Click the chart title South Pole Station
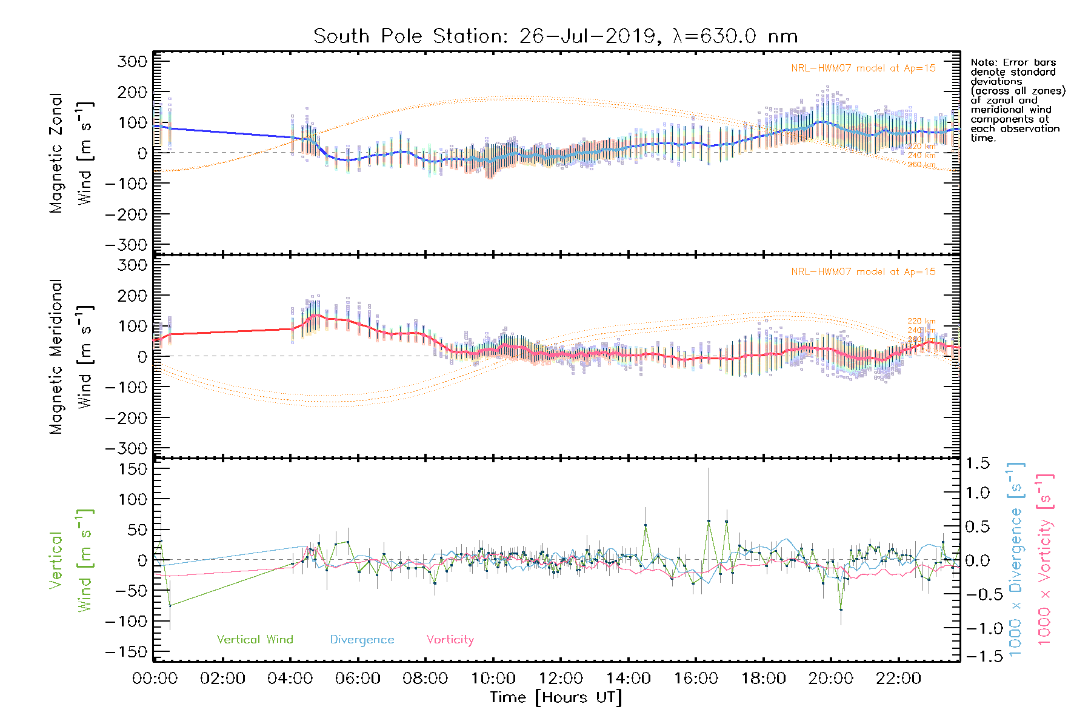click(555, 36)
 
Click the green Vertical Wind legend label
click(255, 640)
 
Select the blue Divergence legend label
click(362, 640)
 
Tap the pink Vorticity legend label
click(450, 640)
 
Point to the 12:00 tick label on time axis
click(561, 679)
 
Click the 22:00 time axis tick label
click(898, 679)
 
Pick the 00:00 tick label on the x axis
click(155, 679)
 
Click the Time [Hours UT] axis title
click(556, 698)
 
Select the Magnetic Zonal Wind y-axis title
click(70, 153)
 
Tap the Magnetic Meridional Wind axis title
click(70, 357)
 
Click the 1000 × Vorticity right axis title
click(1045, 559)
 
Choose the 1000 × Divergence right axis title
click(1016, 559)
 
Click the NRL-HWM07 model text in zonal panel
click(863, 68)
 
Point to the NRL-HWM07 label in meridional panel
click(863, 272)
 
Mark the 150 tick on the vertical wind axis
click(133, 469)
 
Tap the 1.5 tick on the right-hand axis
click(978, 463)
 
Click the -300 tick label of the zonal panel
click(126, 245)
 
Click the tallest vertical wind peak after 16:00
click(709, 521)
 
